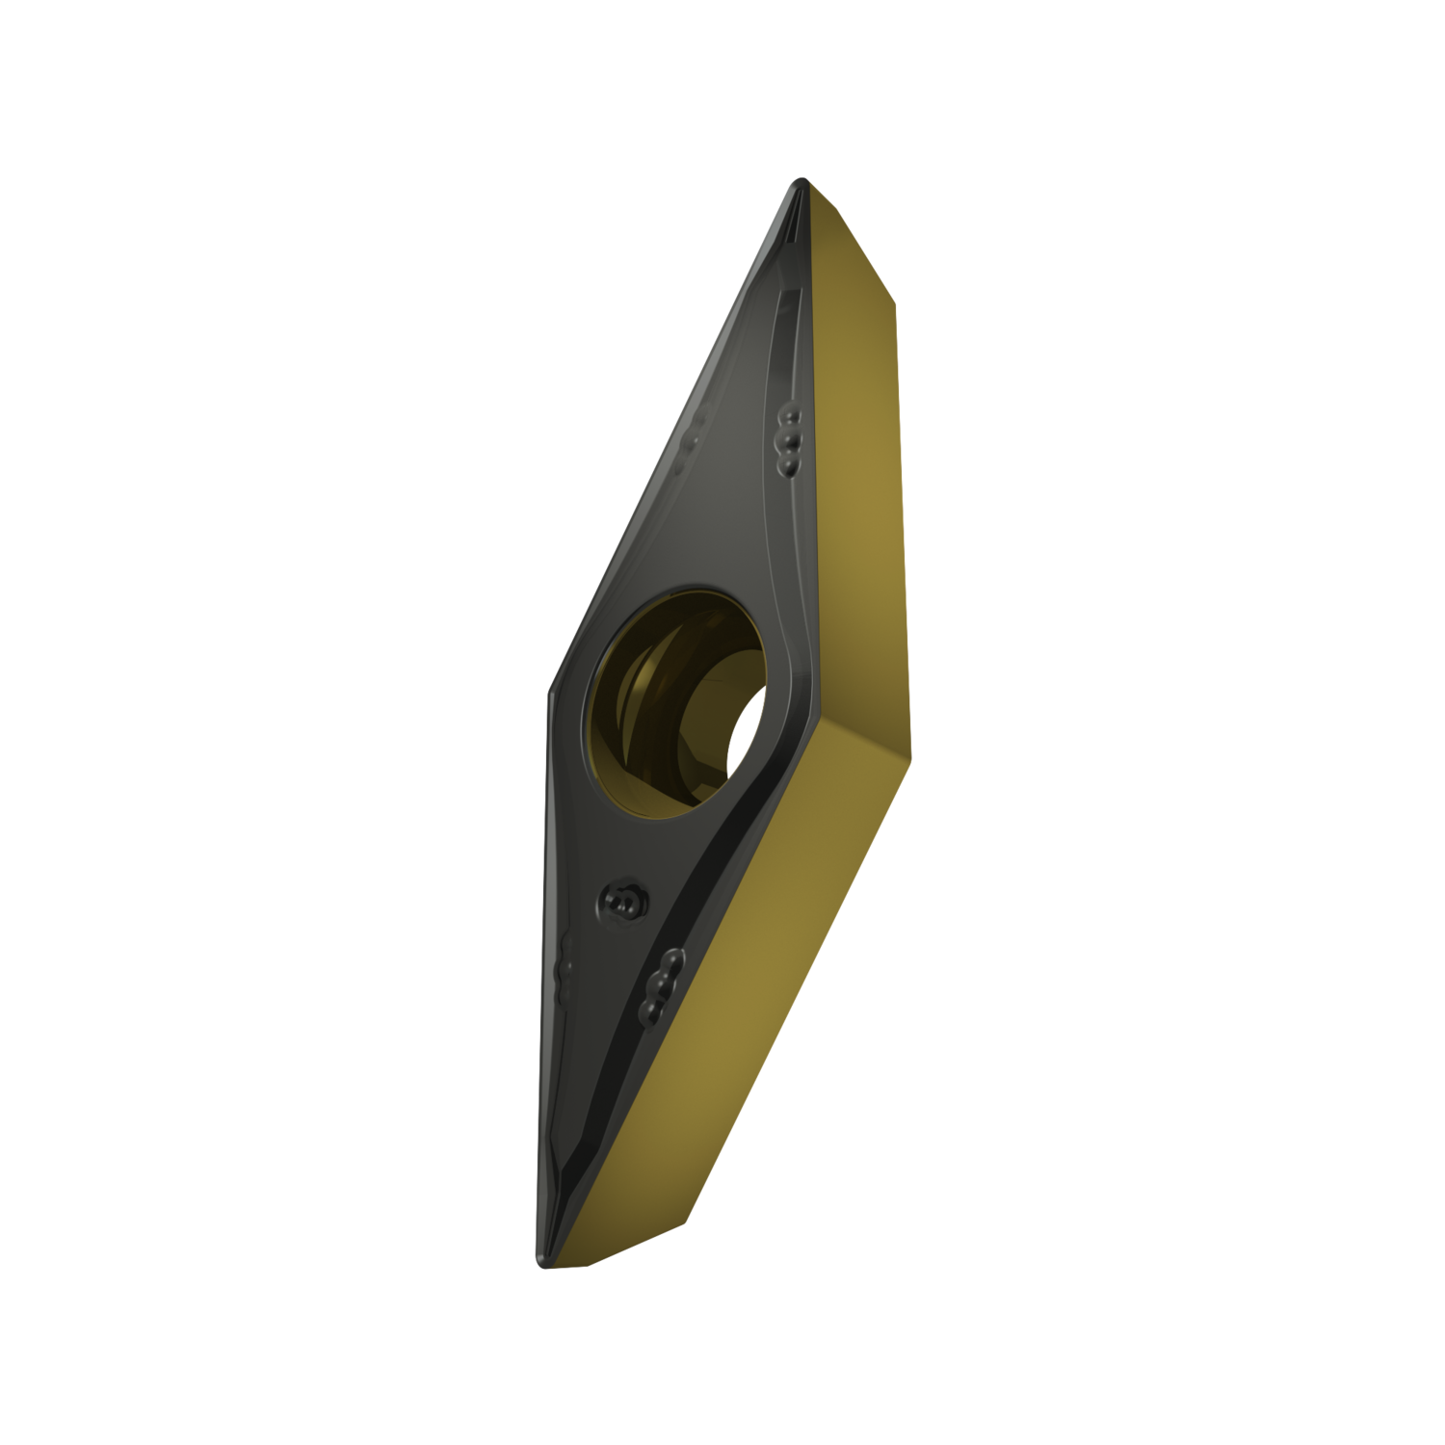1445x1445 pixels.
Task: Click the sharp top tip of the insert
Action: [799, 181]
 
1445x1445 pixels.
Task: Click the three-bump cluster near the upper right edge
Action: [789, 439]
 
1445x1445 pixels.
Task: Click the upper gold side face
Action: [857, 462]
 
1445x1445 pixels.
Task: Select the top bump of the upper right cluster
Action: [791, 415]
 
